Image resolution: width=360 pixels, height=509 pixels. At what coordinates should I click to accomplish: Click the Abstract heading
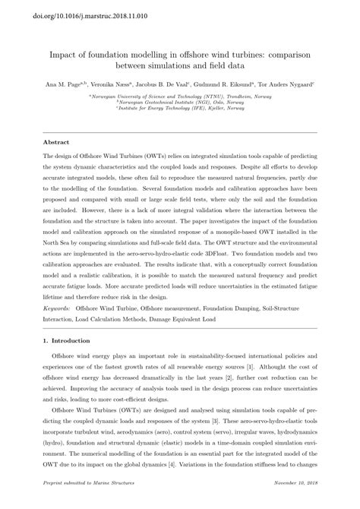55,142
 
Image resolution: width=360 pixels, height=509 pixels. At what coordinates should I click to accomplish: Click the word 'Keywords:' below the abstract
60,310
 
